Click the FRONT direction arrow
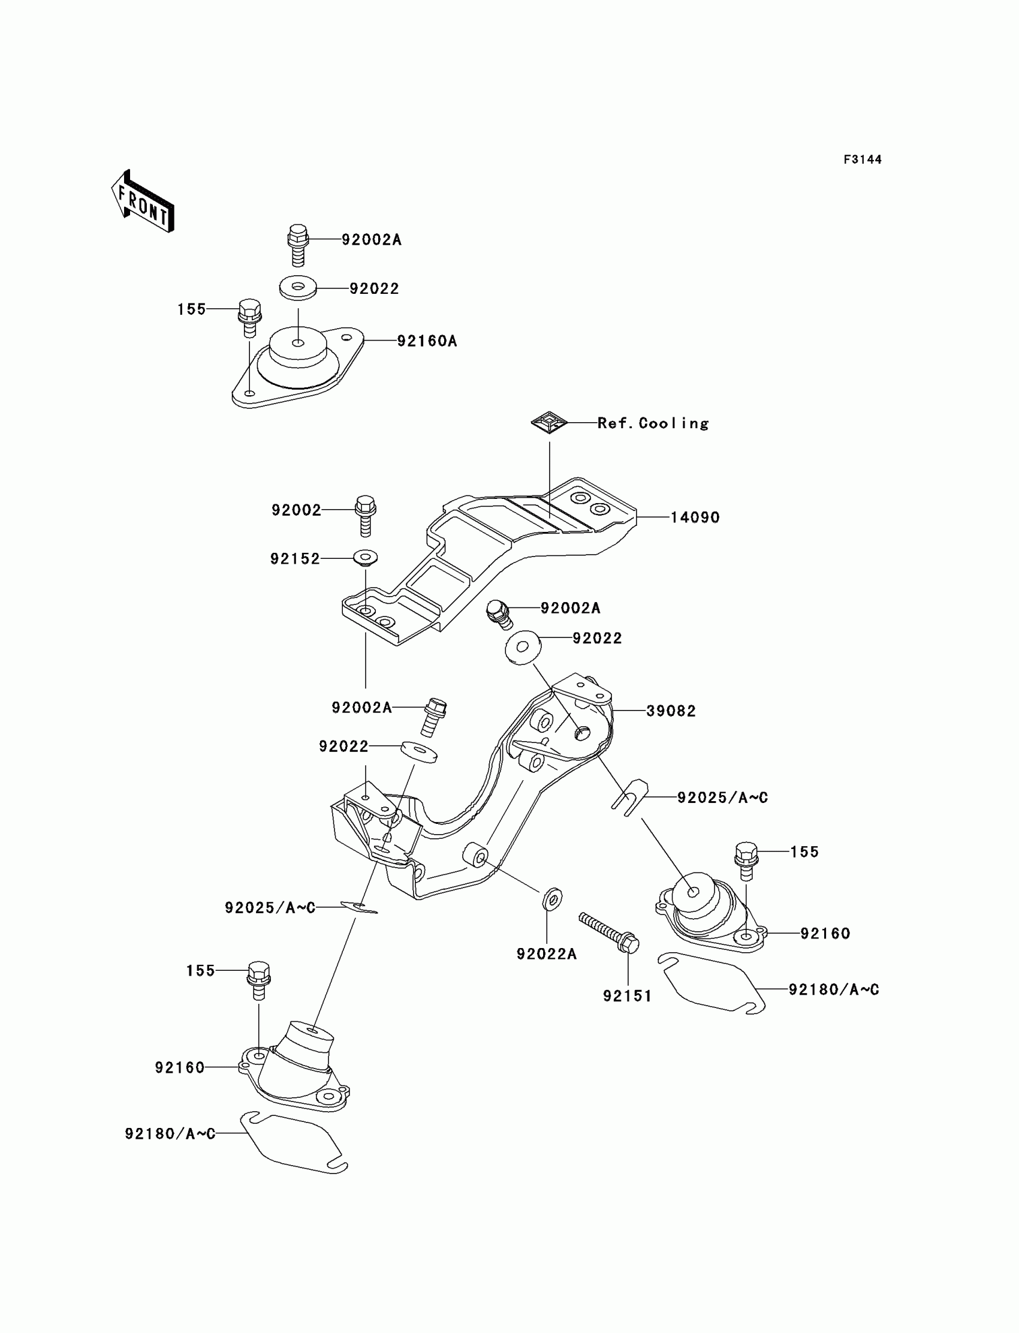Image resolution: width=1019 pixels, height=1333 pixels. tap(143, 201)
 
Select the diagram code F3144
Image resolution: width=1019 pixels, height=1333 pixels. tap(862, 160)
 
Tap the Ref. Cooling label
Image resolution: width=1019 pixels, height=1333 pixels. tap(653, 423)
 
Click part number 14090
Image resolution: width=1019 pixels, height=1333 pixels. tap(695, 517)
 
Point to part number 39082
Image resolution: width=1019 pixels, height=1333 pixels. tap(671, 711)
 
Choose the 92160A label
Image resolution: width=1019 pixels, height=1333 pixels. tap(427, 341)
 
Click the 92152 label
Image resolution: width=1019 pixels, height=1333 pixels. tap(295, 559)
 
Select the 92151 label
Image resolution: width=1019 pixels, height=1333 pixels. tap(627, 996)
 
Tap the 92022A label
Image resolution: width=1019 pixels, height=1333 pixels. tap(547, 955)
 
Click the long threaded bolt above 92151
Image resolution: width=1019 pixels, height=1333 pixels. tap(608, 931)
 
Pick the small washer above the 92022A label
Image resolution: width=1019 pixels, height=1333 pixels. tap(552, 899)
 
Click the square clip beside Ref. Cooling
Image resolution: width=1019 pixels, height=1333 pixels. tap(549, 422)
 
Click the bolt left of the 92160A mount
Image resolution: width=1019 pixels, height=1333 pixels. tap(249, 317)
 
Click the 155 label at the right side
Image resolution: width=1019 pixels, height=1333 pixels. tap(804, 852)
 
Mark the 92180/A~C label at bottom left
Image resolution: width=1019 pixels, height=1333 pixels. tap(170, 1134)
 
